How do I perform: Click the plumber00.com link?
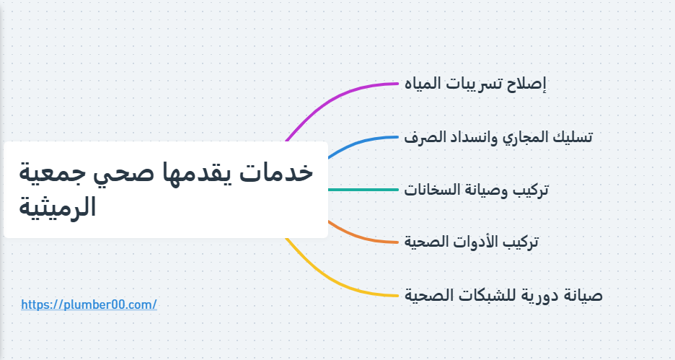click(89, 304)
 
